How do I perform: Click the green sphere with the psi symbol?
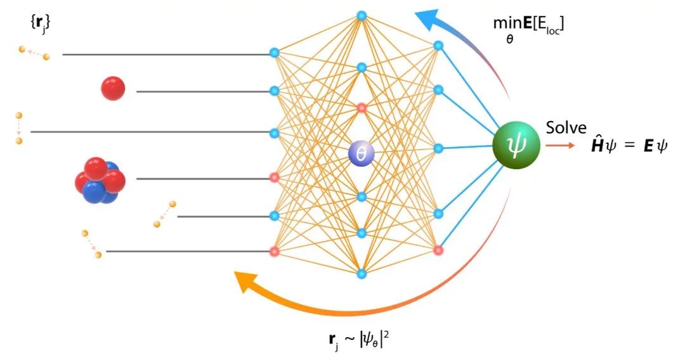point(516,146)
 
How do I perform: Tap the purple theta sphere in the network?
point(362,153)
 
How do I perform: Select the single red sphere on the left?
point(113,88)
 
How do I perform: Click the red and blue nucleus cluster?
point(99,180)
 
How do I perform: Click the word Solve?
point(566,127)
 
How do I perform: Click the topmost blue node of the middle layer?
point(362,15)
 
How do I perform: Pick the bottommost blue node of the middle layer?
point(362,274)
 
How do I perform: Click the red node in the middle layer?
point(362,108)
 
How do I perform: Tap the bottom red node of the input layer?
point(275,252)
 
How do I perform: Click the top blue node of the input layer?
point(275,53)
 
